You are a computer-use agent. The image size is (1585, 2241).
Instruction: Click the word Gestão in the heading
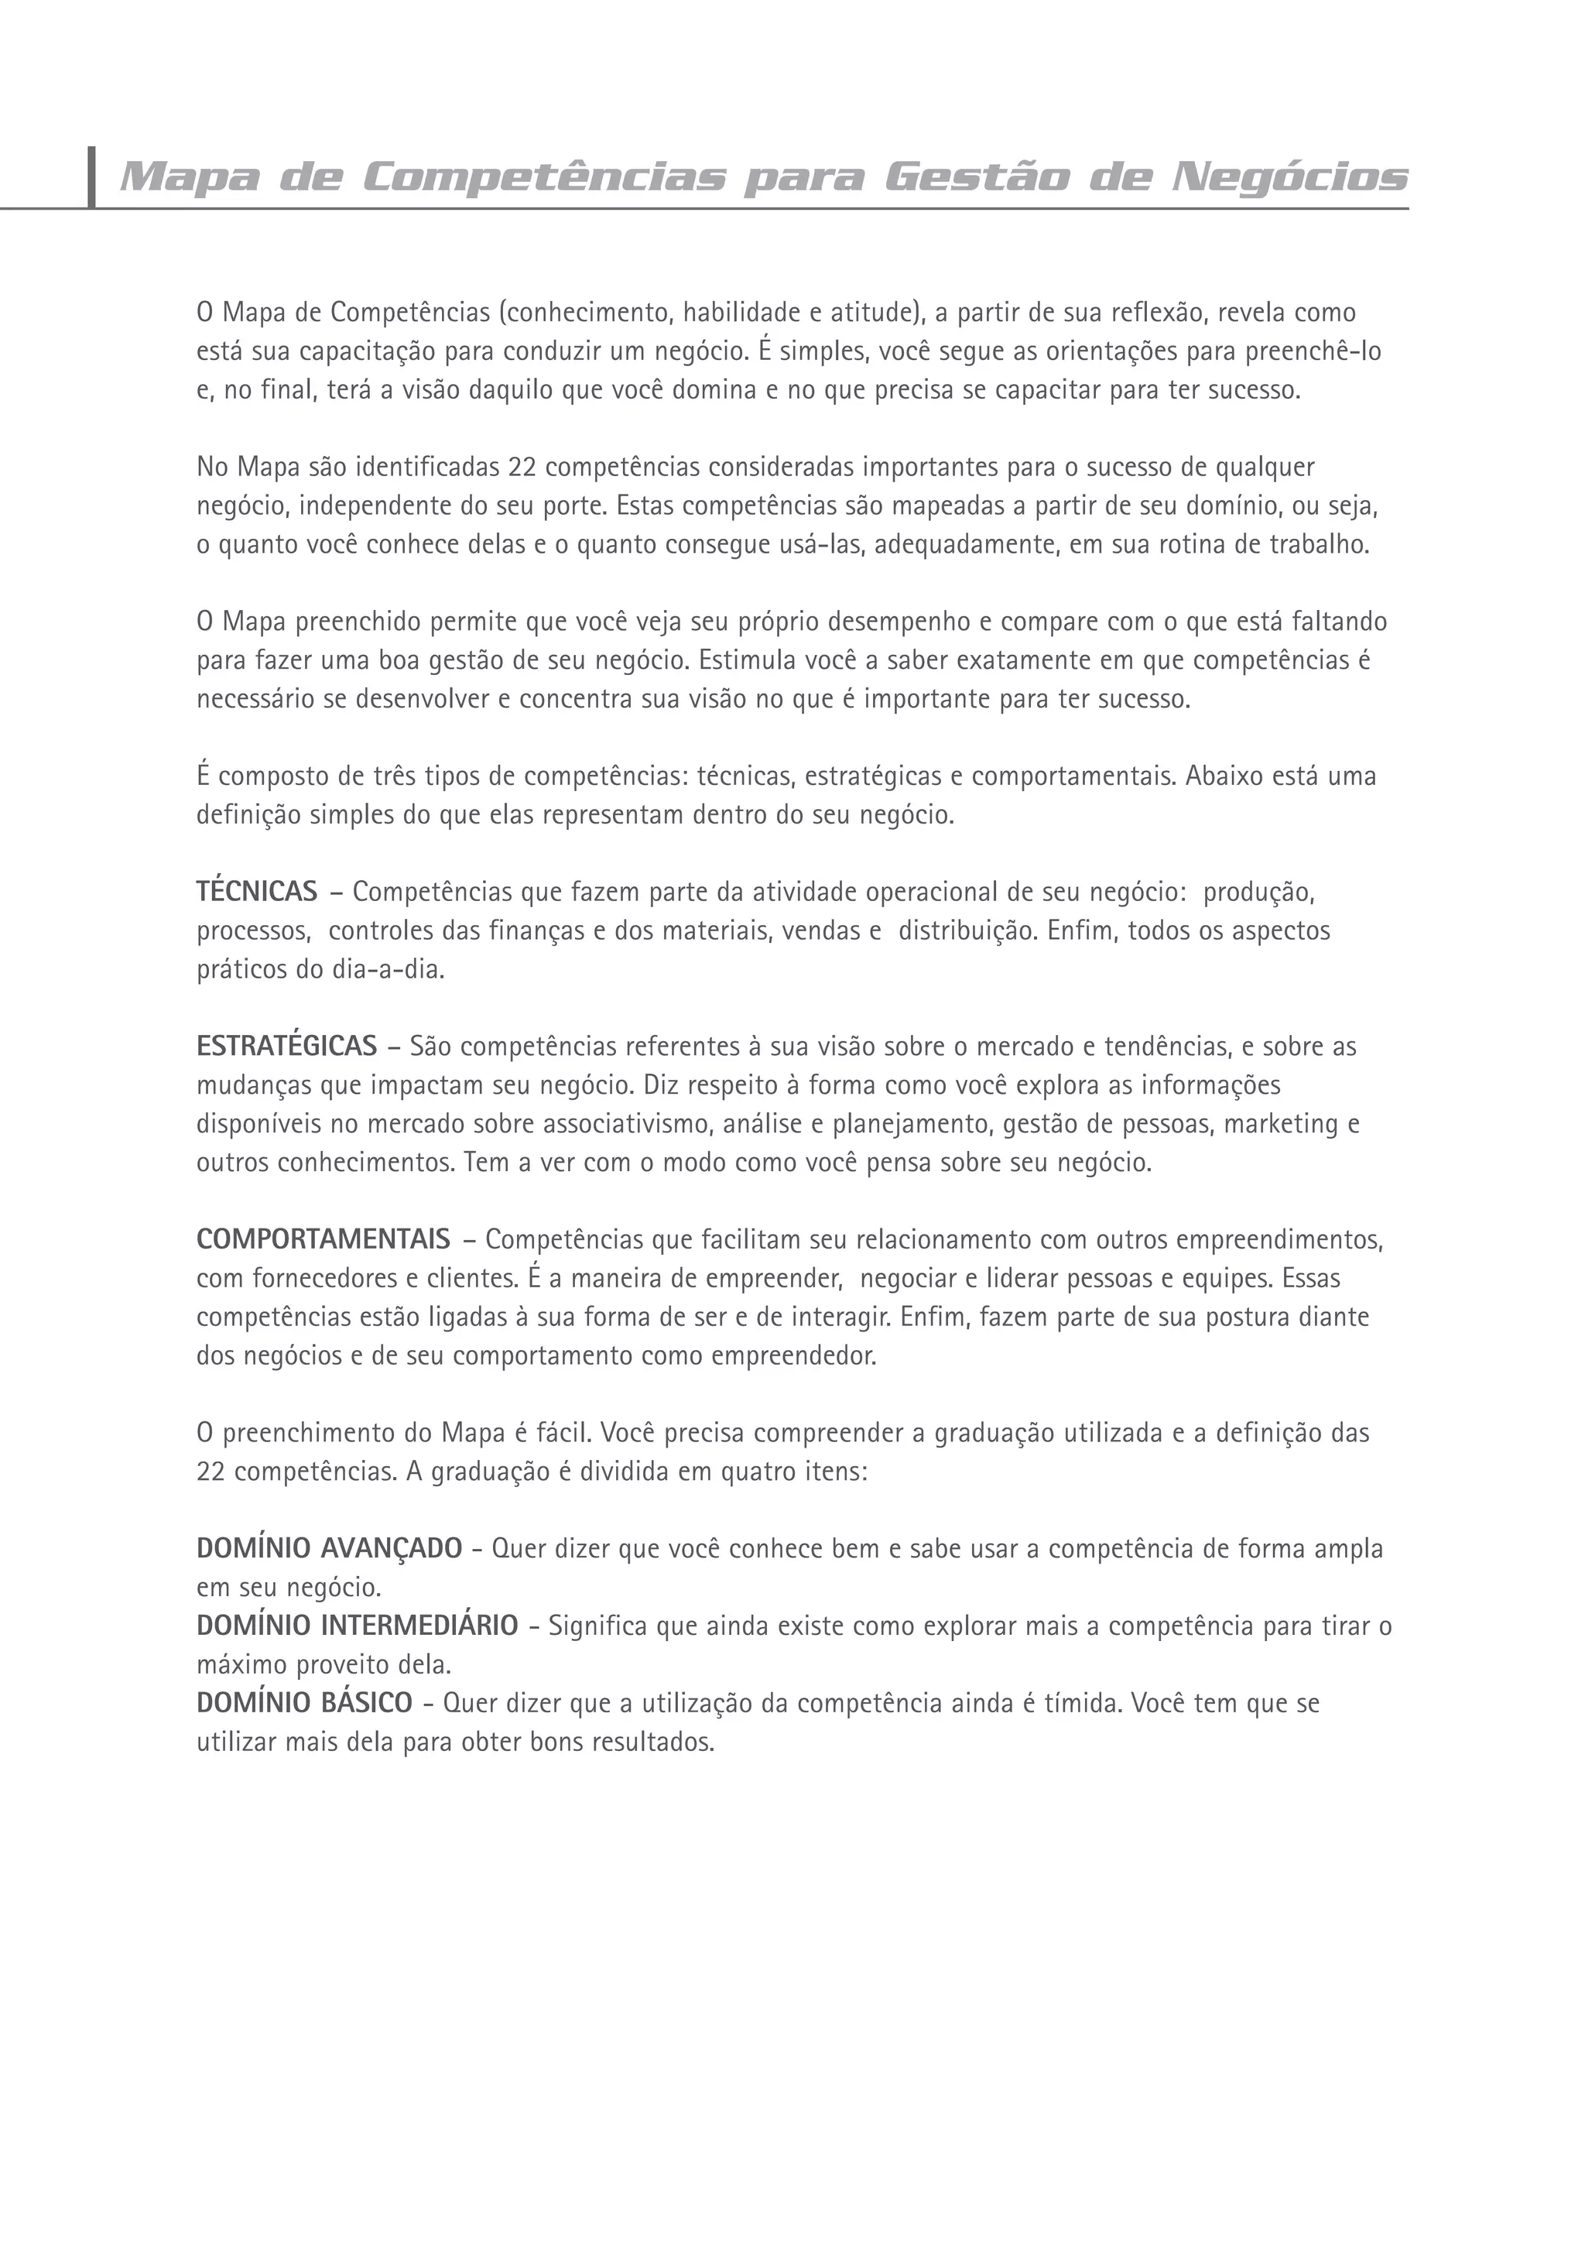977,177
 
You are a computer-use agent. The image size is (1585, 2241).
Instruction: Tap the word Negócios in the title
1289,177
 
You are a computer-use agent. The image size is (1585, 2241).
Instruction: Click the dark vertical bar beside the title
92,176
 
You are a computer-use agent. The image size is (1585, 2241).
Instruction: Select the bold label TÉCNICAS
257,891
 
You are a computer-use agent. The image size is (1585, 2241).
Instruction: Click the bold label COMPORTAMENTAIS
323,1239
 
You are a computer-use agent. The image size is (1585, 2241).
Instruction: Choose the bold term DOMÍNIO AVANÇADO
329,1549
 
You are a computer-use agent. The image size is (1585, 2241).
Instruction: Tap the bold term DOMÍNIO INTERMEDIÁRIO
358,1626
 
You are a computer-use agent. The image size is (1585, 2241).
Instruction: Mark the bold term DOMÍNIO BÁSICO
304,1703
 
